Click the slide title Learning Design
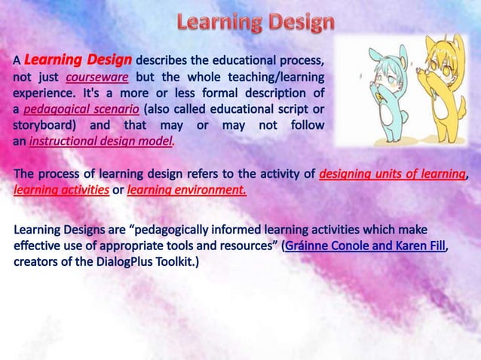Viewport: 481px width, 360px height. [256, 23]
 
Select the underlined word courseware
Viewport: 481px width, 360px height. [97, 76]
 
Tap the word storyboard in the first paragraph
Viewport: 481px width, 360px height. [40, 125]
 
